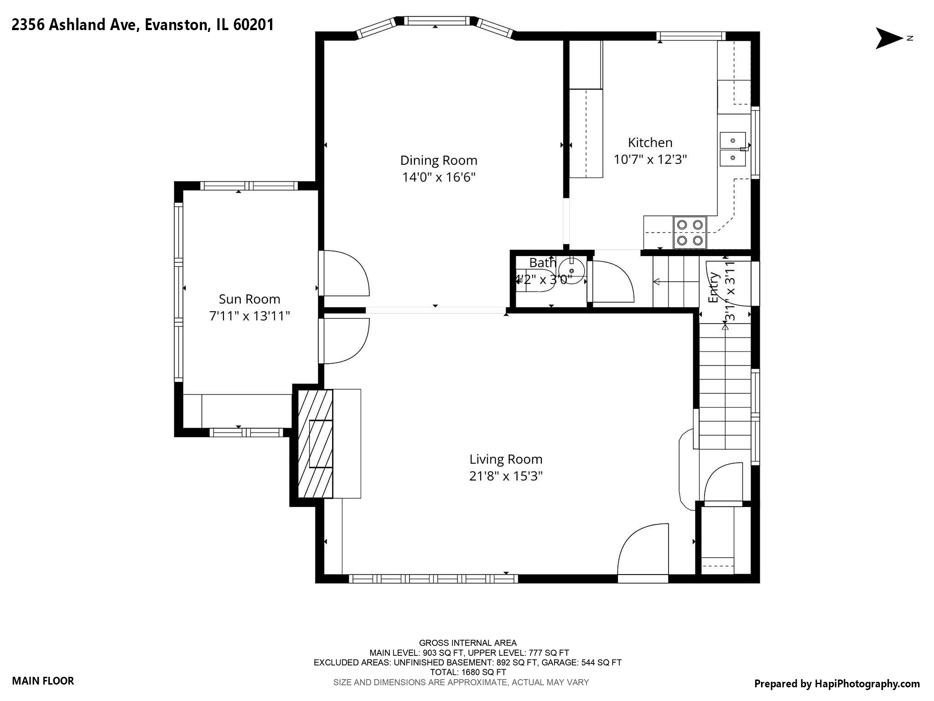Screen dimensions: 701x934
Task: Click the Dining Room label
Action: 438,160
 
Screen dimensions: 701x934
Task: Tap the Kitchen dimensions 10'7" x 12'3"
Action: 650,159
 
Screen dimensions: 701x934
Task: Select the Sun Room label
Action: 249,299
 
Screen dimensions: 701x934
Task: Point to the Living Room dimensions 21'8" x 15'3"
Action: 506,476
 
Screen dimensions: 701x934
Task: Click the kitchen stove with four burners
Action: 690,232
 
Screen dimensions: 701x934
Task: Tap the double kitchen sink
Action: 732,149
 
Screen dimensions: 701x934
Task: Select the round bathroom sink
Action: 571,270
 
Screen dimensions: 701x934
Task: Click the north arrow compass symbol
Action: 889,38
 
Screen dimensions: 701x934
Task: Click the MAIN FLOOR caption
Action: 43,681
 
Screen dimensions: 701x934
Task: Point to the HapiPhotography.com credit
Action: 836,684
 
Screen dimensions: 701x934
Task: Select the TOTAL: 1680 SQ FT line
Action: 467,672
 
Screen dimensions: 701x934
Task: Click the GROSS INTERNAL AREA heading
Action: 467,643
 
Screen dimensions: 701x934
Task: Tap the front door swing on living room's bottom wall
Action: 643,552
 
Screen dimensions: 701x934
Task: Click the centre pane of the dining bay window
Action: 436,21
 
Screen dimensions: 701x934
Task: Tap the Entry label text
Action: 713,288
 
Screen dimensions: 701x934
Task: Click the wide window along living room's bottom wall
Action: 433,579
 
